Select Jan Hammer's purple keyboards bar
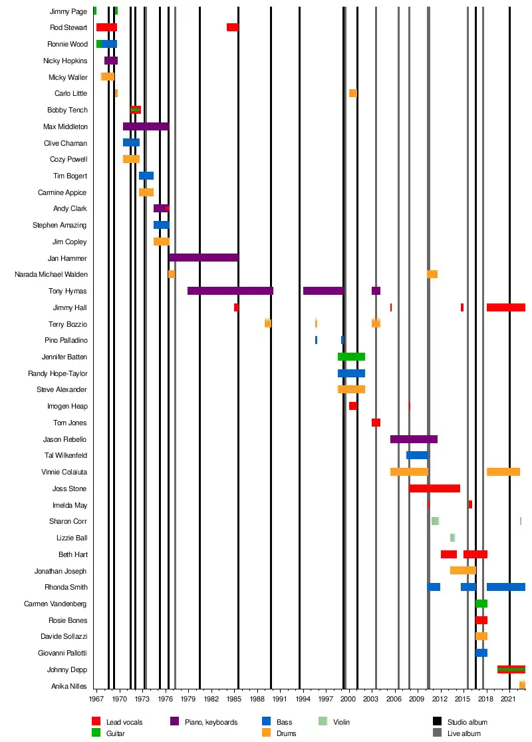coord(203,258)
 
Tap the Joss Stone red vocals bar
coord(434,488)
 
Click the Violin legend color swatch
coord(323,722)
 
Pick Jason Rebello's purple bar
coord(413,439)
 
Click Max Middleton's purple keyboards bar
coord(146,126)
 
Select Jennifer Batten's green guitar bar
coord(351,357)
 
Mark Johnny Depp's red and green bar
coord(511,669)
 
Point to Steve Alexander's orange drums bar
coord(351,389)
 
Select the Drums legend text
coord(287,733)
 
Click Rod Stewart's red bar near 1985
coord(232,27)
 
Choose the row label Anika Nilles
coord(69,686)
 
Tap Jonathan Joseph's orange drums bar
coord(463,570)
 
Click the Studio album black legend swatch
coord(437,722)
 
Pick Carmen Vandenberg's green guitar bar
coord(481,604)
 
